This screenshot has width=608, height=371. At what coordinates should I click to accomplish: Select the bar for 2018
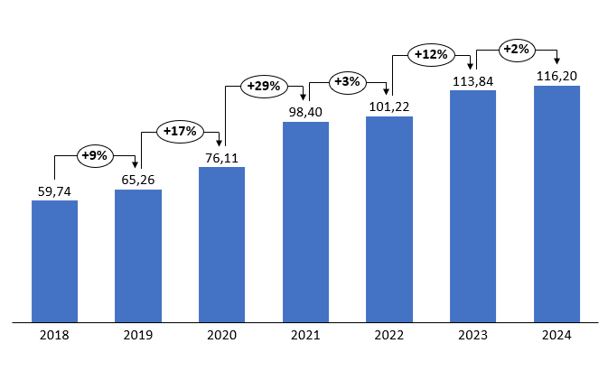pyautogui.click(x=54, y=260)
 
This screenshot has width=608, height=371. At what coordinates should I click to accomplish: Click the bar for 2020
pyautogui.click(x=221, y=244)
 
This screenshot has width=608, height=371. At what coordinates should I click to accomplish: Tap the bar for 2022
pyautogui.click(x=389, y=218)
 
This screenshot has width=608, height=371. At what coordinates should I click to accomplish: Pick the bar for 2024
pyautogui.click(x=557, y=203)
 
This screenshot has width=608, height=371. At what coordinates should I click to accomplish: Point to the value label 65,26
pyautogui.click(x=138, y=179)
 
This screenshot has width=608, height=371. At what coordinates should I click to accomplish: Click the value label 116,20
pyautogui.click(x=557, y=75)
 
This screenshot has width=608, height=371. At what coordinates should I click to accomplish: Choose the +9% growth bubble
pyautogui.click(x=94, y=155)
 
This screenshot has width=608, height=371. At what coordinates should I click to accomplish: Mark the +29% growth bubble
pyautogui.click(x=264, y=88)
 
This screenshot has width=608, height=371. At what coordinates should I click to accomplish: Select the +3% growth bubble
pyautogui.click(x=347, y=82)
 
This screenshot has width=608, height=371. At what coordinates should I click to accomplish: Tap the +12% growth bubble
pyautogui.click(x=431, y=55)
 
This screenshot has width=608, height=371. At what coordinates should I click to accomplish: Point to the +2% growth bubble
pyautogui.click(x=515, y=49)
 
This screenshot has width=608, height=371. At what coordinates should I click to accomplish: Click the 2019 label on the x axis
pyautogui.click(x=138, y=336)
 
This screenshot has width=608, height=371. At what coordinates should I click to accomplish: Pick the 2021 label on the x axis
pyautogui.click(x=305, y=336)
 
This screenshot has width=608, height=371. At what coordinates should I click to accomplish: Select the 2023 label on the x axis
pyautogui.click(x=472, y=336)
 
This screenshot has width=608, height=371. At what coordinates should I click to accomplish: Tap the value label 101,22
pyautogui.click(x=389, y=107)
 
